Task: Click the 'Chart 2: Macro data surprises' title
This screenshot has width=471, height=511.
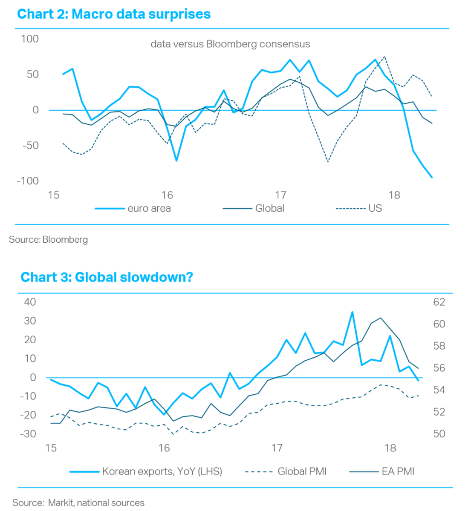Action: coord(114,14)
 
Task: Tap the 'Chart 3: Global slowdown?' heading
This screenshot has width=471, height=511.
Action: coord(107,277)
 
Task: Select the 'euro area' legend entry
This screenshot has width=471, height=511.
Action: coord(149,209)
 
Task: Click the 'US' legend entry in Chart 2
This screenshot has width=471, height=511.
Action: coord(375,209)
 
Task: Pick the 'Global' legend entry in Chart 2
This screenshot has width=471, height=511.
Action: coord(269,209)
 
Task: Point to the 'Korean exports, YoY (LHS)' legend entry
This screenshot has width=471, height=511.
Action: coord(162,471)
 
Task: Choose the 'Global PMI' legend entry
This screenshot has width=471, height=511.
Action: coord(302,471)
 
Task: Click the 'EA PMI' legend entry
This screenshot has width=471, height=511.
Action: coord(398,471)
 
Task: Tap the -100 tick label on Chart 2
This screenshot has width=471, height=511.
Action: coord(28,181)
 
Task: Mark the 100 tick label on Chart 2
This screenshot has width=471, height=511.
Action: coord(30,39)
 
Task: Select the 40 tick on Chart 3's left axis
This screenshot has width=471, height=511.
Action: coord(30,302)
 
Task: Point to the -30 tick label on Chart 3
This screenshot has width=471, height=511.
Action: coord(28,434)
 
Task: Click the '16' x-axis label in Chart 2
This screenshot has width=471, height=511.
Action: coord(167,195)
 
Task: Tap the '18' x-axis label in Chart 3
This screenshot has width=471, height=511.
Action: coord(390,448)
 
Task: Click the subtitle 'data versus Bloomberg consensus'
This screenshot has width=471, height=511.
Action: coord(230,44)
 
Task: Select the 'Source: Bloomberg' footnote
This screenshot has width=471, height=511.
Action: coord(48,240)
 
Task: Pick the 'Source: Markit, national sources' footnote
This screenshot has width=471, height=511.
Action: coord(78,503)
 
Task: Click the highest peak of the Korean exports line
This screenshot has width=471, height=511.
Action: coord(353,312)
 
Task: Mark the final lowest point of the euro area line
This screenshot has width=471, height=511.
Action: coord(432,177)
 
